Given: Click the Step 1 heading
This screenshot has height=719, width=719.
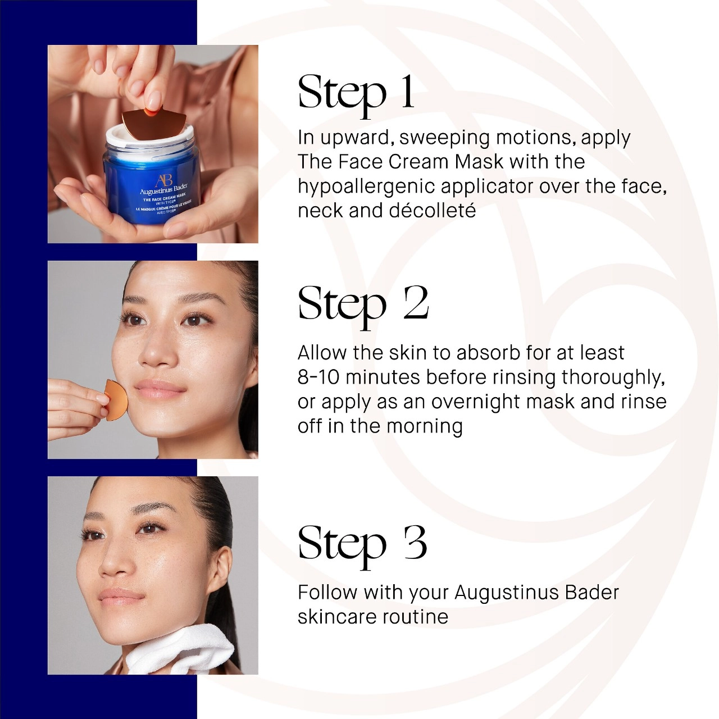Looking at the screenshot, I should [x=356, y=93].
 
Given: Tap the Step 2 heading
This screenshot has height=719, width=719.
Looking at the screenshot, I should [x=363, y=304].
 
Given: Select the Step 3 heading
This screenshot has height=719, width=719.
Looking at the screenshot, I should [x=362, y=544].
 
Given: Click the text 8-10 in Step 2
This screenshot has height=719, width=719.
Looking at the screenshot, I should [x=318, y=377].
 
